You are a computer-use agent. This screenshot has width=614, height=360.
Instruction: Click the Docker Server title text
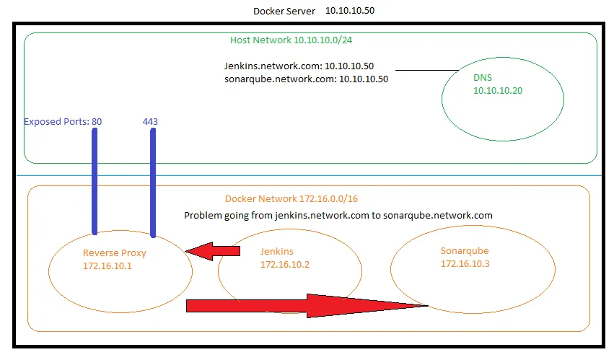click(x=284, y=11)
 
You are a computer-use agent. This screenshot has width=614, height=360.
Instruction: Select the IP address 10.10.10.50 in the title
click(x=350, y=11)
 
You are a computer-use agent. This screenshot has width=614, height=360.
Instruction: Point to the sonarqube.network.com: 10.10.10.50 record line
click(x=306, y=79)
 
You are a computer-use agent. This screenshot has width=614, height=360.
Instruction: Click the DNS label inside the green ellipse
click(x=482, y=78)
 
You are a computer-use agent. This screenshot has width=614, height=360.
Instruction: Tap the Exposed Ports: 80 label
click(x=63, y=122)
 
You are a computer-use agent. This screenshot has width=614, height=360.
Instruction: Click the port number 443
click(x=150, y=122)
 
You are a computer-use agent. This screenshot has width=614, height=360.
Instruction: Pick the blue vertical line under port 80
click(x=95, y=180)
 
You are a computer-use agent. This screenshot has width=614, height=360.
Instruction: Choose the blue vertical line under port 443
click(x=153, y=182)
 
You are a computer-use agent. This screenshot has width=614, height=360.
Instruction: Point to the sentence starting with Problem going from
click(x=338, y=215)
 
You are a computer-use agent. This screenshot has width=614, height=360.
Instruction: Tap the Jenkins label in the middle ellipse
click(x=276, y=252)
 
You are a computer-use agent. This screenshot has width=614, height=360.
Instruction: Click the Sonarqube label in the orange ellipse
click(x=465, y=251)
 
